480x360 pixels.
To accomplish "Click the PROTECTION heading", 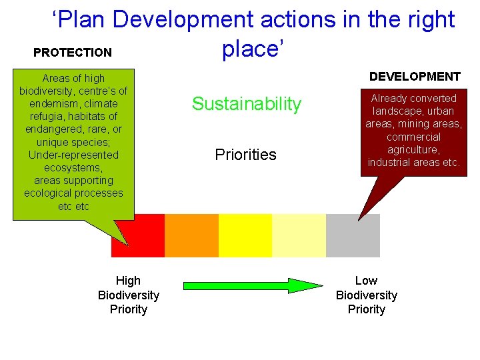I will tap(73, 52).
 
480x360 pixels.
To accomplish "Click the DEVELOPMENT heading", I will tap(415, 77).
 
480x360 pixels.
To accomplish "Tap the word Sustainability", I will tap(247, 104).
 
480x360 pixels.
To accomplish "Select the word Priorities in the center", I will tap(245, 155).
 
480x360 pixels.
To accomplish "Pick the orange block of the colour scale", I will tap(191, 235).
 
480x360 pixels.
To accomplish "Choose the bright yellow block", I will tap(245, 235).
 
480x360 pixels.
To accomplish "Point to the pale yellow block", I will tap(299, 235).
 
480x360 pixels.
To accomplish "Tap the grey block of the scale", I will tap(353, 235).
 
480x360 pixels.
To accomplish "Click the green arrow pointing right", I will tap(253, 285).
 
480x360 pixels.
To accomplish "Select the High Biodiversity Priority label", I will tap(129, 295).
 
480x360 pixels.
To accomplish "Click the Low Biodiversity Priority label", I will tap(366, 295).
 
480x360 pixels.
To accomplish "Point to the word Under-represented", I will tap(73, 155).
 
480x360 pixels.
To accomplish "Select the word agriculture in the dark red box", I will tap(413, 150).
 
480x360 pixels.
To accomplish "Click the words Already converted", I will tap(413, 98).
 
